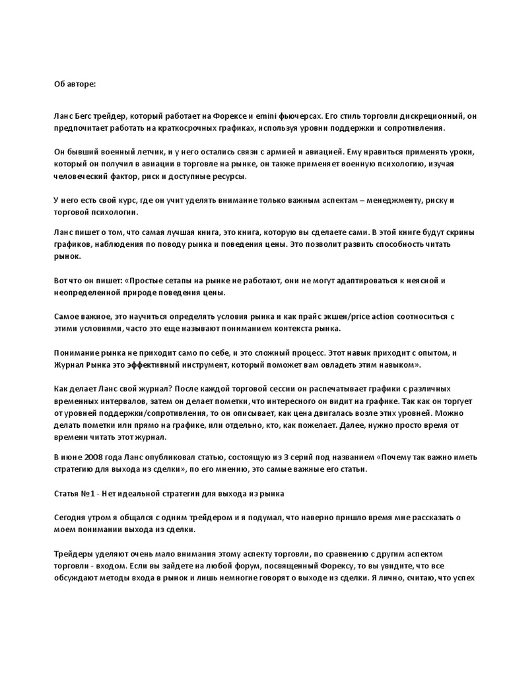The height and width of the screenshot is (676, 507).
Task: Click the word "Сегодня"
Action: click(72, 518)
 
